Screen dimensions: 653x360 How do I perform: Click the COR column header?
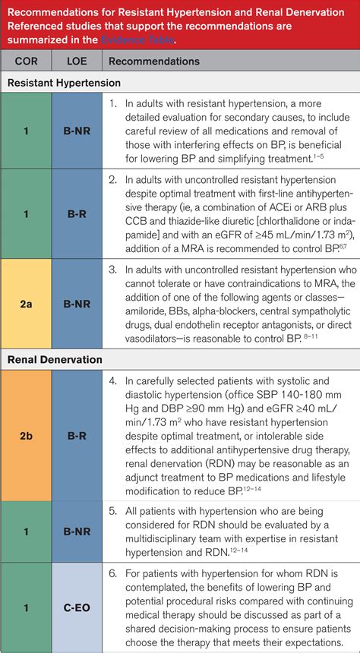point(25,61)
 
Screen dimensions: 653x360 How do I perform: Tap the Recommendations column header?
point(154,61)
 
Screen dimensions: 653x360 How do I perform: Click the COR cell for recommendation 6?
point(25,607)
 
